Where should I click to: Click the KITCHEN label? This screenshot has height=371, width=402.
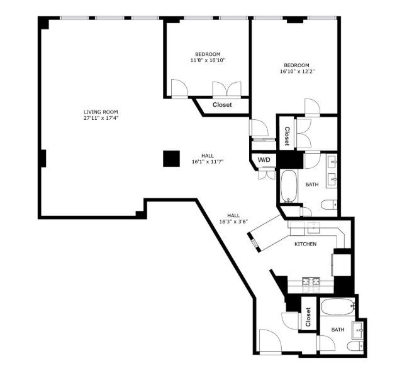[x=305, y=244]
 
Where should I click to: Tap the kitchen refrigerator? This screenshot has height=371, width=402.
[x=342, y=262]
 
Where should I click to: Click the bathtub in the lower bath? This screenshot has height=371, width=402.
[x=337, y=308]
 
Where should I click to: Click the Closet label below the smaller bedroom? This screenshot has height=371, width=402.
[x=222, y=105]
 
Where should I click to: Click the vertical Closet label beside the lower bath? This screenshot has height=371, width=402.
[x=308, y=317]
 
